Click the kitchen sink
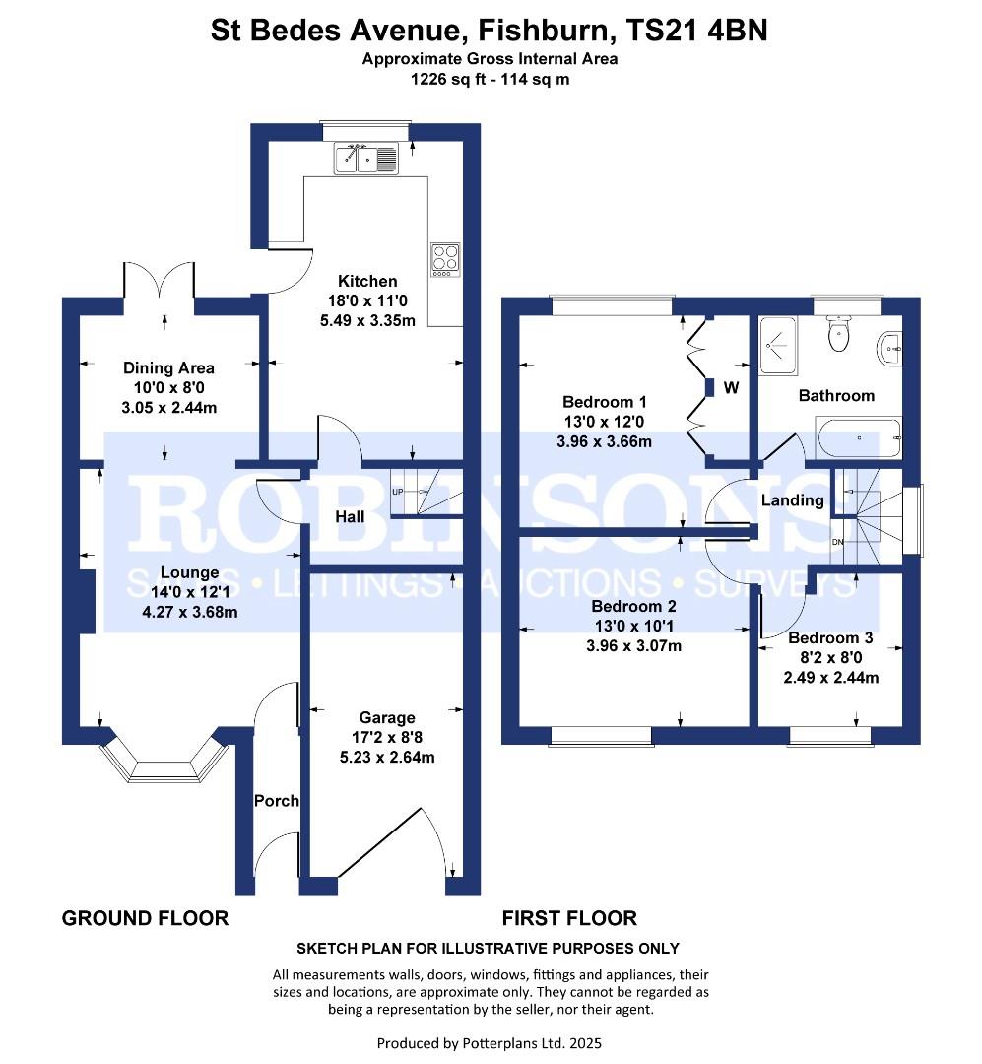365,158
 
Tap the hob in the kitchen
445,260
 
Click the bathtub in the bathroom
859,437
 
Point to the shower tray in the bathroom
778,346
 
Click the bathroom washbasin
890,349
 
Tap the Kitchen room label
367,281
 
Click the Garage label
387,718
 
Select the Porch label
276,801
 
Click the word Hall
350,517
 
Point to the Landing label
792,500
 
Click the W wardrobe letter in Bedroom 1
731,388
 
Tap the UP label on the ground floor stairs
398,492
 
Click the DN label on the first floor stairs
837,542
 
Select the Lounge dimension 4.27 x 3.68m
189,612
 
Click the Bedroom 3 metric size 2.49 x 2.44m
830,677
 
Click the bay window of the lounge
163,759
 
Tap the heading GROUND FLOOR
145,919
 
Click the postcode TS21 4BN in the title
695,31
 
